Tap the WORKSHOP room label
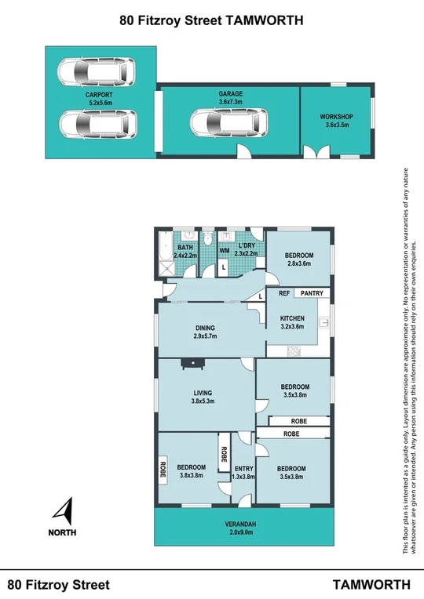pyautogui.click(x=336, y=117)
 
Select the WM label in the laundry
pyautogui.click(x=224, y=251)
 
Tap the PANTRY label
pyautogui.click(x=312, y=293)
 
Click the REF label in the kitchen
pyautogui.click(x=284, y=293)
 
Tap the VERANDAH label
pyautogui.click(x=243, y=525)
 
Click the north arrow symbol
pyautogui.click(x=63, y=512)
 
